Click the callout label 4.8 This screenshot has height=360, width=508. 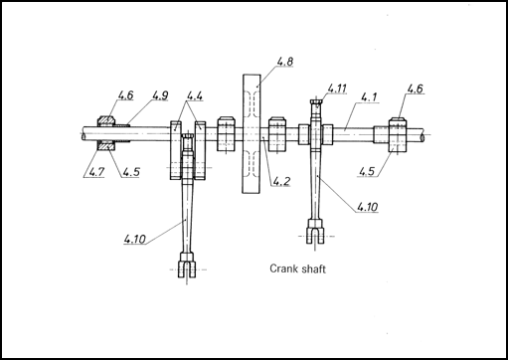285,62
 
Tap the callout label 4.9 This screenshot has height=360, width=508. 160,95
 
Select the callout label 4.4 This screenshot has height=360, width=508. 195,95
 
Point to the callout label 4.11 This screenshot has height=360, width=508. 337,89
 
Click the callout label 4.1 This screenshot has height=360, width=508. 369,97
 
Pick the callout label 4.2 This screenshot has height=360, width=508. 281,181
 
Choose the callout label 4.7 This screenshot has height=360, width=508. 96,172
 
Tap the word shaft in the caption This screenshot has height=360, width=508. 314,269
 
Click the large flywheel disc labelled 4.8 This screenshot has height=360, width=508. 252,134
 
